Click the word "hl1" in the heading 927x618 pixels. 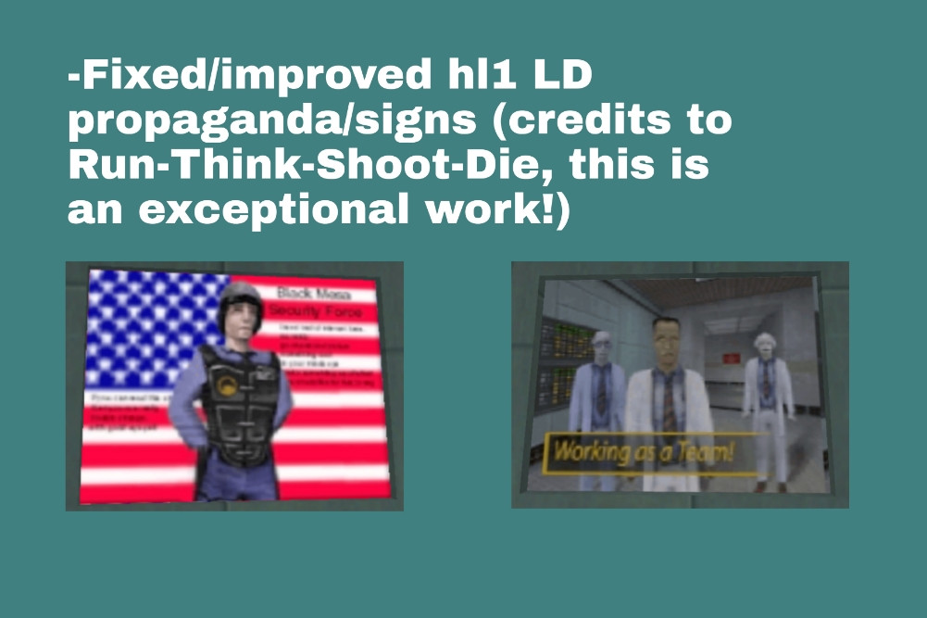[x=470, y=77]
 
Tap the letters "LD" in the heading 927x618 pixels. [x=557, y=77]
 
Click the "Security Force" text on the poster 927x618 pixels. [x=315, y=312]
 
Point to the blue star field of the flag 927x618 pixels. [x=148, y=324]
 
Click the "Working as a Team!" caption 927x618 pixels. [x=643, y=453]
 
